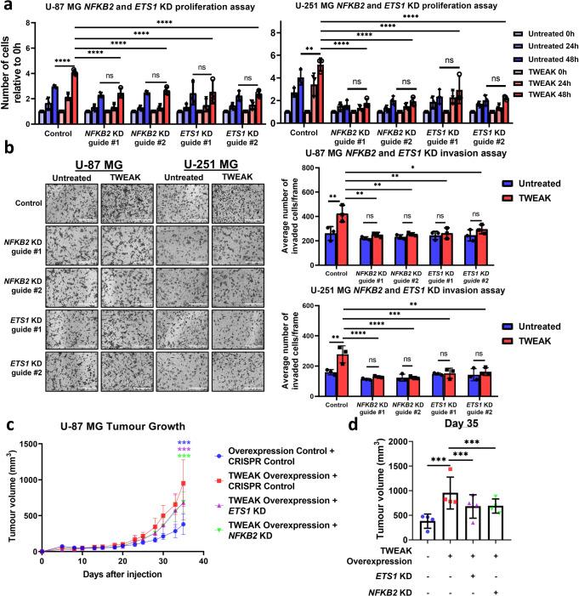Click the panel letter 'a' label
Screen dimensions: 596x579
(x=7, y=8)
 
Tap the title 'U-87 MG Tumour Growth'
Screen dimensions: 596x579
(x=116, y=426)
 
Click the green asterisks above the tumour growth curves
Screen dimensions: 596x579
(x=184, y=457)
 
